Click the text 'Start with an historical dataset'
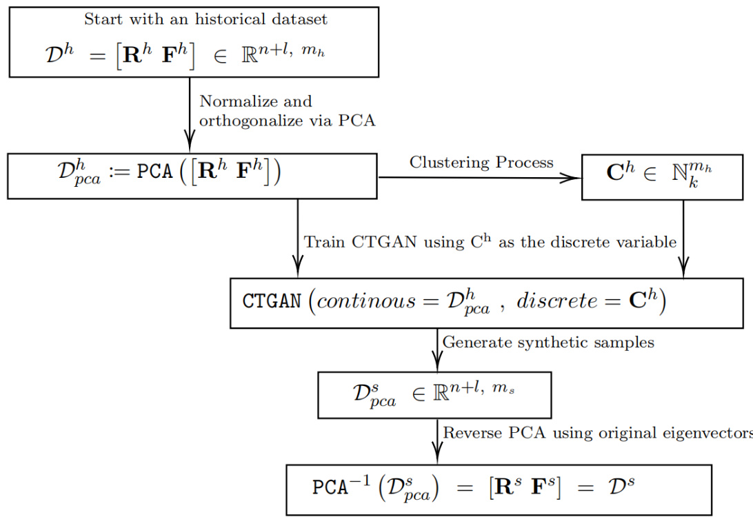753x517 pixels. click(205, 19)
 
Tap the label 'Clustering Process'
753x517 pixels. click(481, 163)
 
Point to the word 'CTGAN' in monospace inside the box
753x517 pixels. click(270, 303)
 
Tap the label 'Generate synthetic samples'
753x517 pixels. click(548, 342)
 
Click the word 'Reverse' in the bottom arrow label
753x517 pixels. click(471, 433)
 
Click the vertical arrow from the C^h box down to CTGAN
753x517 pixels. click(683, 238)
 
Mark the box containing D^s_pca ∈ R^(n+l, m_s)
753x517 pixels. click(434, 395)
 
